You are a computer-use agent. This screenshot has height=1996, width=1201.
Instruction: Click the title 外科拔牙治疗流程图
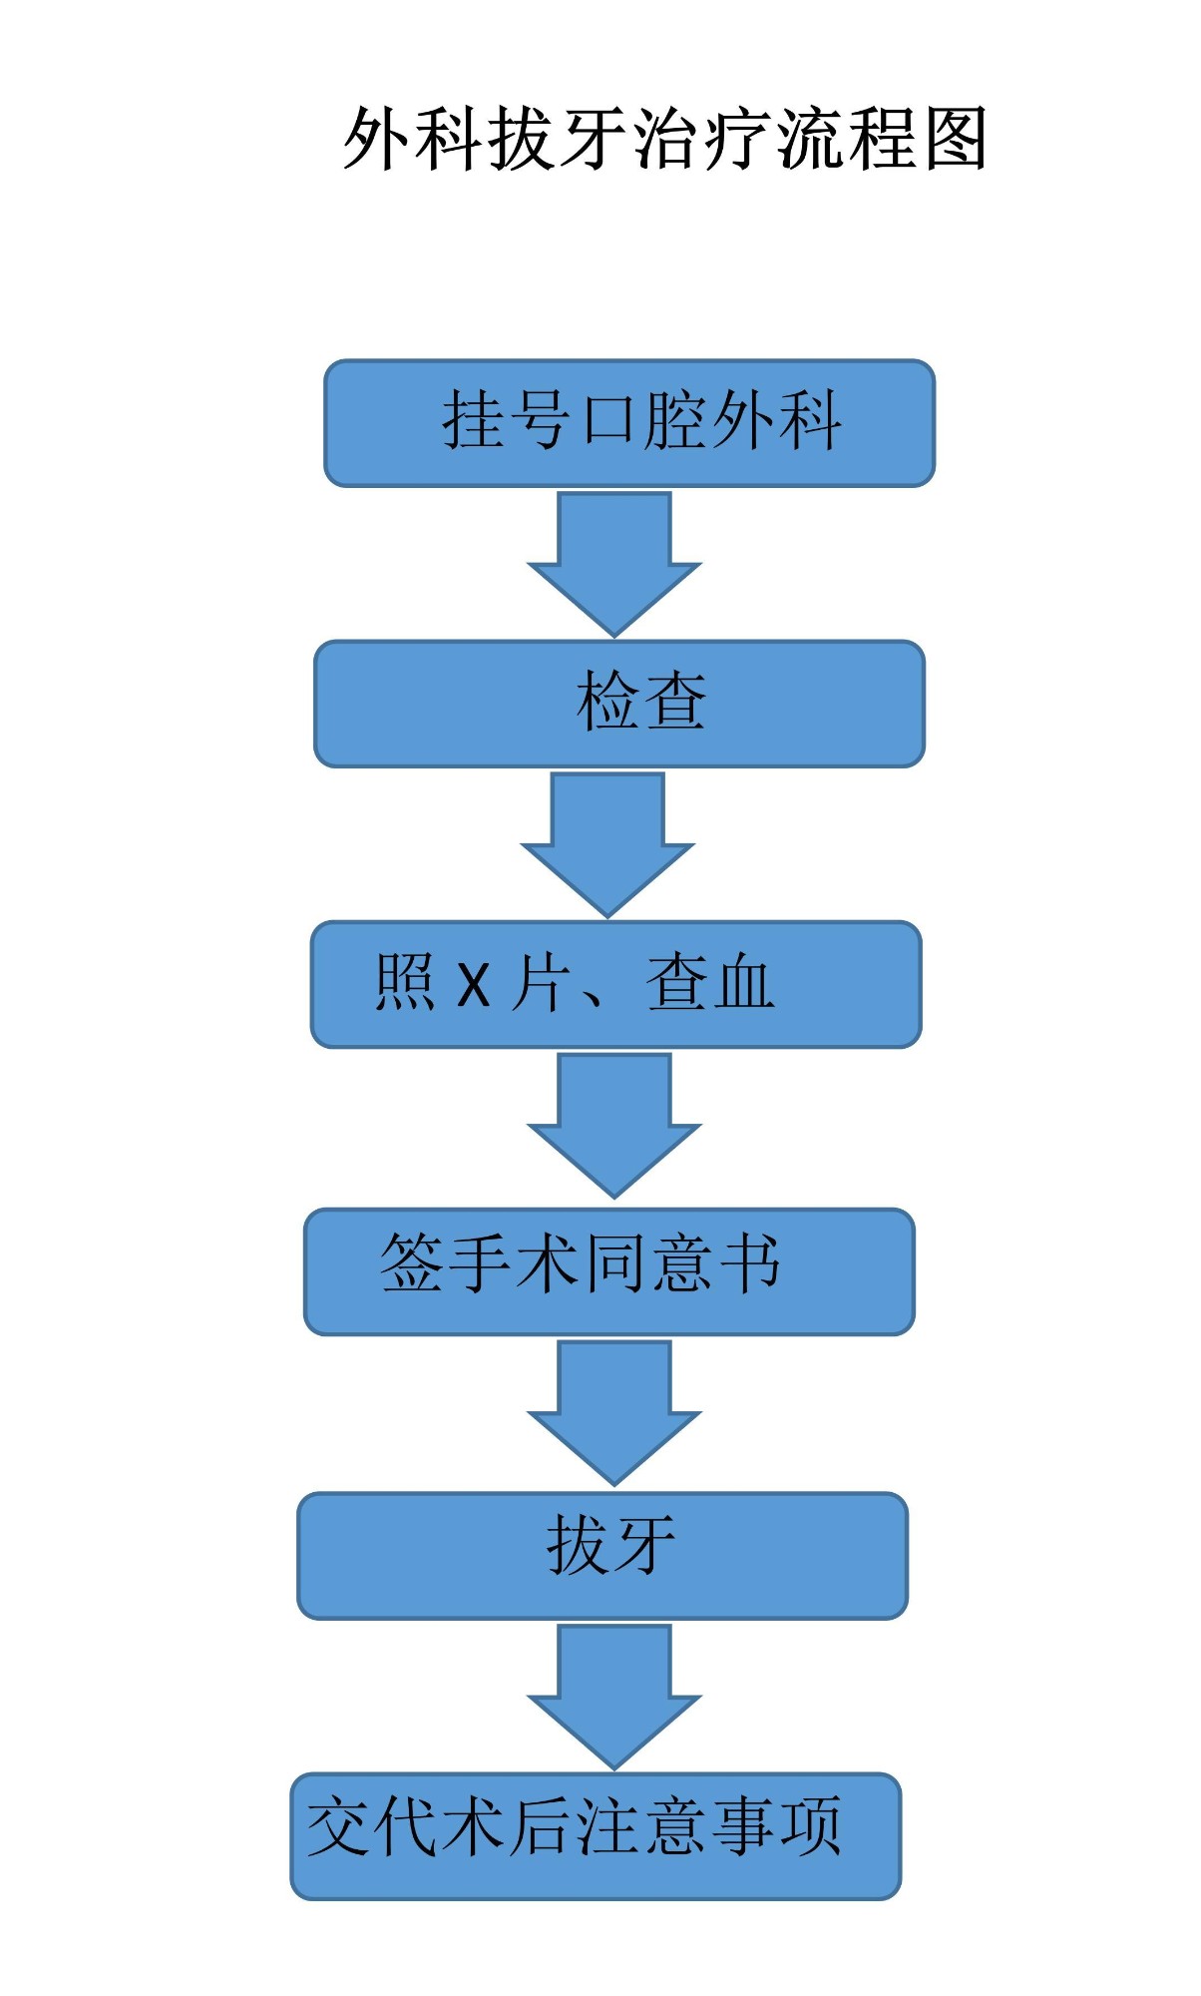[665, 139]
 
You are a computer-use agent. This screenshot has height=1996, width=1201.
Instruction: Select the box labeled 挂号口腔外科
[629, 423]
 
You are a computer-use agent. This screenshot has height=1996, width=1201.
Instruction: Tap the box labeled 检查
[619, 704]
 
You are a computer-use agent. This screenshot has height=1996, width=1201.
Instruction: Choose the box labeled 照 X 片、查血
[615, 984]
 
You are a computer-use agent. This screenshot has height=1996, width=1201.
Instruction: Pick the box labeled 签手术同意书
[609, 1271]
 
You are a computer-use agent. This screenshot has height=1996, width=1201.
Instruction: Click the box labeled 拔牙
[602, 1555]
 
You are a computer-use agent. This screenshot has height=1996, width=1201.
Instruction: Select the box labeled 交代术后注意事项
[596, 1835]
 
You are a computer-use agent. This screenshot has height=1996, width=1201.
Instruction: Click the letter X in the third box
[474, 985]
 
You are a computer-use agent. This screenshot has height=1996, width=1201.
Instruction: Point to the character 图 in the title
[955, 139]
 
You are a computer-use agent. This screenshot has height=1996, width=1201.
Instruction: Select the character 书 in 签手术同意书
[749, 1263]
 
